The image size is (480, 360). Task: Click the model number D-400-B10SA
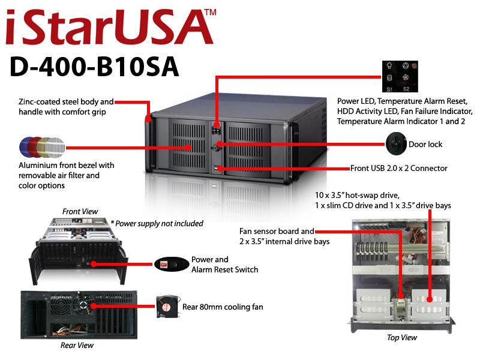click(x=94, y=67)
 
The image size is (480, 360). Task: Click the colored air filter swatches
click(x=41, y=146)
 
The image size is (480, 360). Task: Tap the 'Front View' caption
click(x=80, y=211)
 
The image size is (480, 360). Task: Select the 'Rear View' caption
click(x=77, y=345)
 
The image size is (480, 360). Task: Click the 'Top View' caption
click(x=401, y=338)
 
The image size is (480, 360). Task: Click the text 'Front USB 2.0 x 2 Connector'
click(x=398, y=169)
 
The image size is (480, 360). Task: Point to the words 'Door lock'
click(x=425, y=145)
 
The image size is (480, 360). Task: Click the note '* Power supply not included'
click(x=157, y=223)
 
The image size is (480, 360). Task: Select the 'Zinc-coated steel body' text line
click(x=66, y=101)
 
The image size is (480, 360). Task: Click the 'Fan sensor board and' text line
click(x=276, y=231)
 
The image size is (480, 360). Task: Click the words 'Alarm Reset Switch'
click(x=224, y=269)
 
